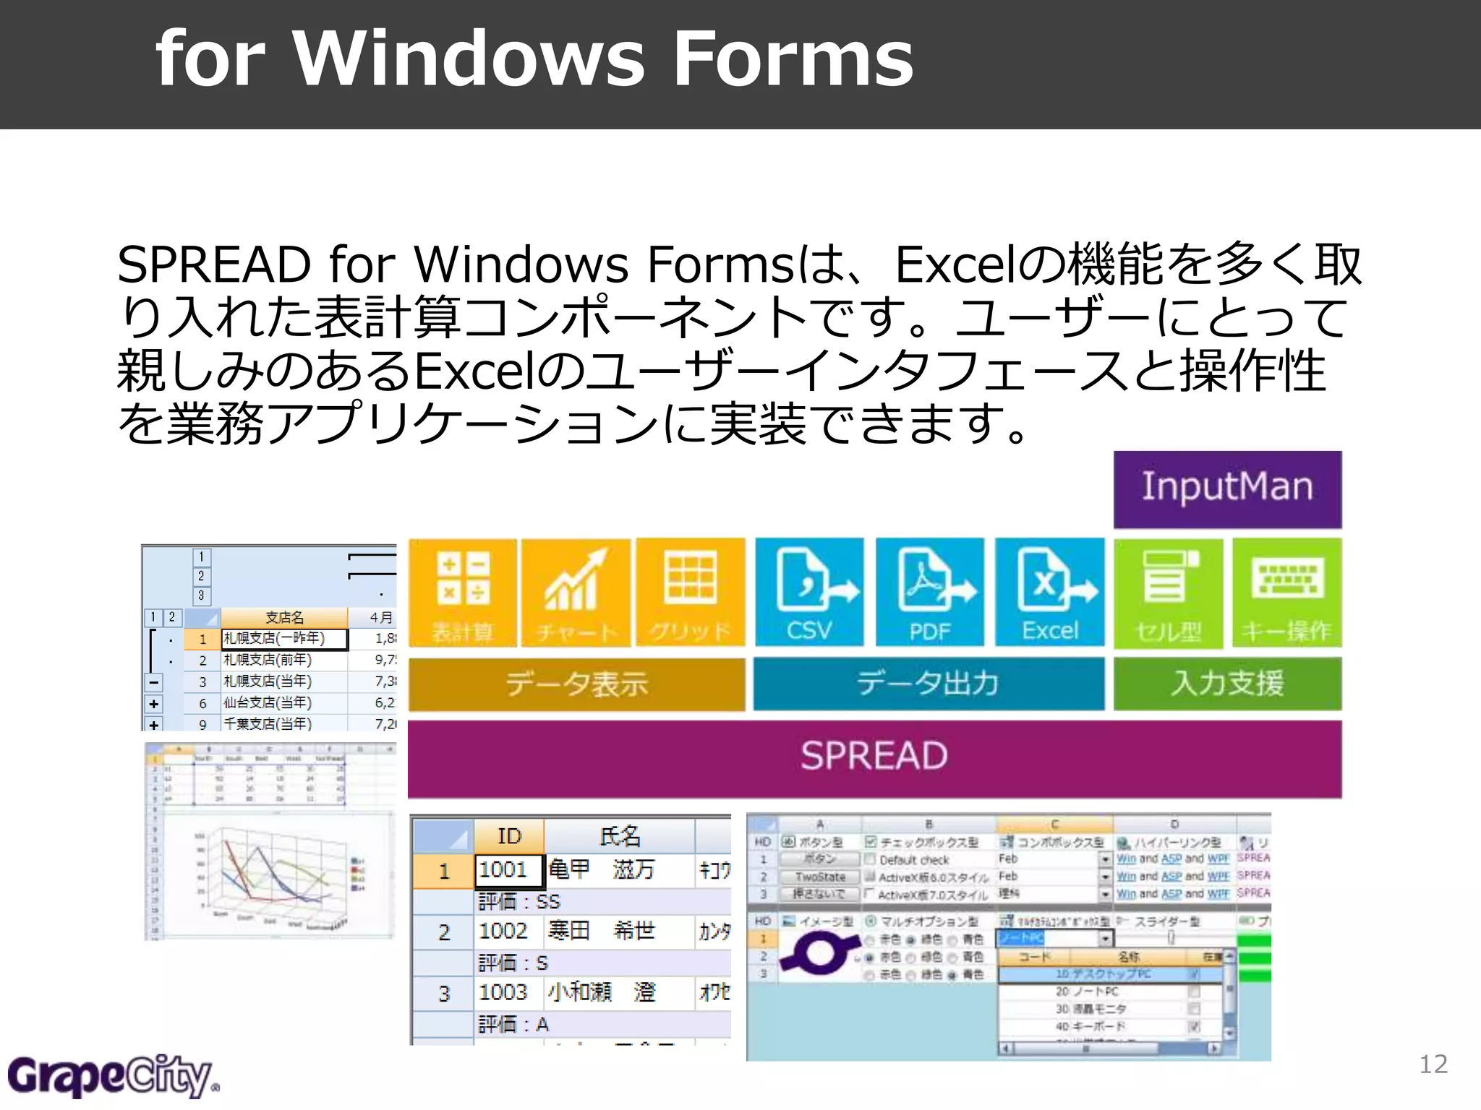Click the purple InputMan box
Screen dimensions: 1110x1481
(1227, 489)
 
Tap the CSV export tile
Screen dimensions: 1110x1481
(809, 592)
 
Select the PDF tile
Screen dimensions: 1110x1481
(929, 592)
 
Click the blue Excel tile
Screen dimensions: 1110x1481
(1049, 592)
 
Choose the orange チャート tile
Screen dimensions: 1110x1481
(576, 592)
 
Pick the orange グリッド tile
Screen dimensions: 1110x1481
(690, 592)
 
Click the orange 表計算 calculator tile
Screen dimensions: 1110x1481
(463, 592)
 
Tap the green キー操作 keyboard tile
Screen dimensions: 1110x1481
(1286, 592)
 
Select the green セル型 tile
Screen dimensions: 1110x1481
(1168, 592)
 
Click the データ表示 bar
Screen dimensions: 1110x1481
(576, 684)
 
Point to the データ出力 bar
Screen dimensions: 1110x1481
(929, 684)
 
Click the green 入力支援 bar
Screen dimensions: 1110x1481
(1227, 684)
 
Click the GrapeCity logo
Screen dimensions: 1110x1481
(112, 1076)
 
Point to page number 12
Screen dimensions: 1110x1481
(1433, 1064)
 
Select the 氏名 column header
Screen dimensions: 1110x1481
(619, 836)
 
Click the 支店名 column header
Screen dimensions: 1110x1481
(284, 618)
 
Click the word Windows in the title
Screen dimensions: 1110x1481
(469, 59)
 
